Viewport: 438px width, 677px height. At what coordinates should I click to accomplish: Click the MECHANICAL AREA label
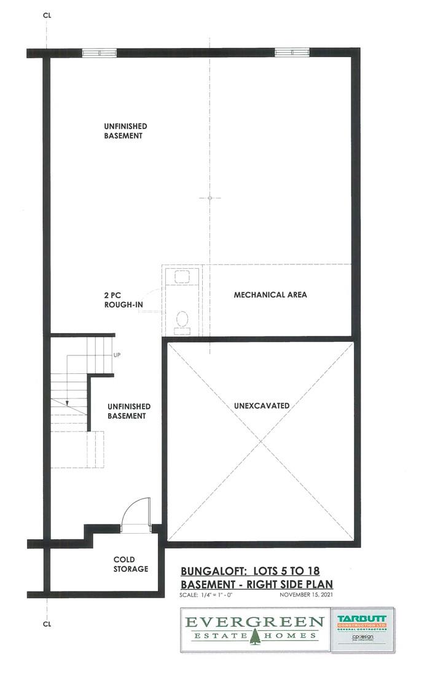tap(270, 295)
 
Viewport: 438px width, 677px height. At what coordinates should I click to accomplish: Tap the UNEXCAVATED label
tap(261, 406)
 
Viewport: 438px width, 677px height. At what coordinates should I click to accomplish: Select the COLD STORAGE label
tap(131, 564)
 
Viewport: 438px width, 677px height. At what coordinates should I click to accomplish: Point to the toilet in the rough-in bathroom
tap(182, 319)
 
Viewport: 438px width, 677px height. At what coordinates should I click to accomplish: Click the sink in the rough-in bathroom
tap(182, 275)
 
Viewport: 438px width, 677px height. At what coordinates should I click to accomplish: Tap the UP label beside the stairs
tap(117, 355)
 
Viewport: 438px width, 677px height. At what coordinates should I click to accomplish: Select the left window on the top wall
tap(99, 53)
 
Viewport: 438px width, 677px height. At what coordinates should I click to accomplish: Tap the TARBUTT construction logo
tap(362, 619)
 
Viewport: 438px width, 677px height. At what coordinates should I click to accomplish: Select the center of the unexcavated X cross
tap(260, 441)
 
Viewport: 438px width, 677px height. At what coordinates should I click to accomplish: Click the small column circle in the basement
tap(209, 198)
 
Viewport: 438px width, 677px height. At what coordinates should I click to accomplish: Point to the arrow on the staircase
tap(66, 403)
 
